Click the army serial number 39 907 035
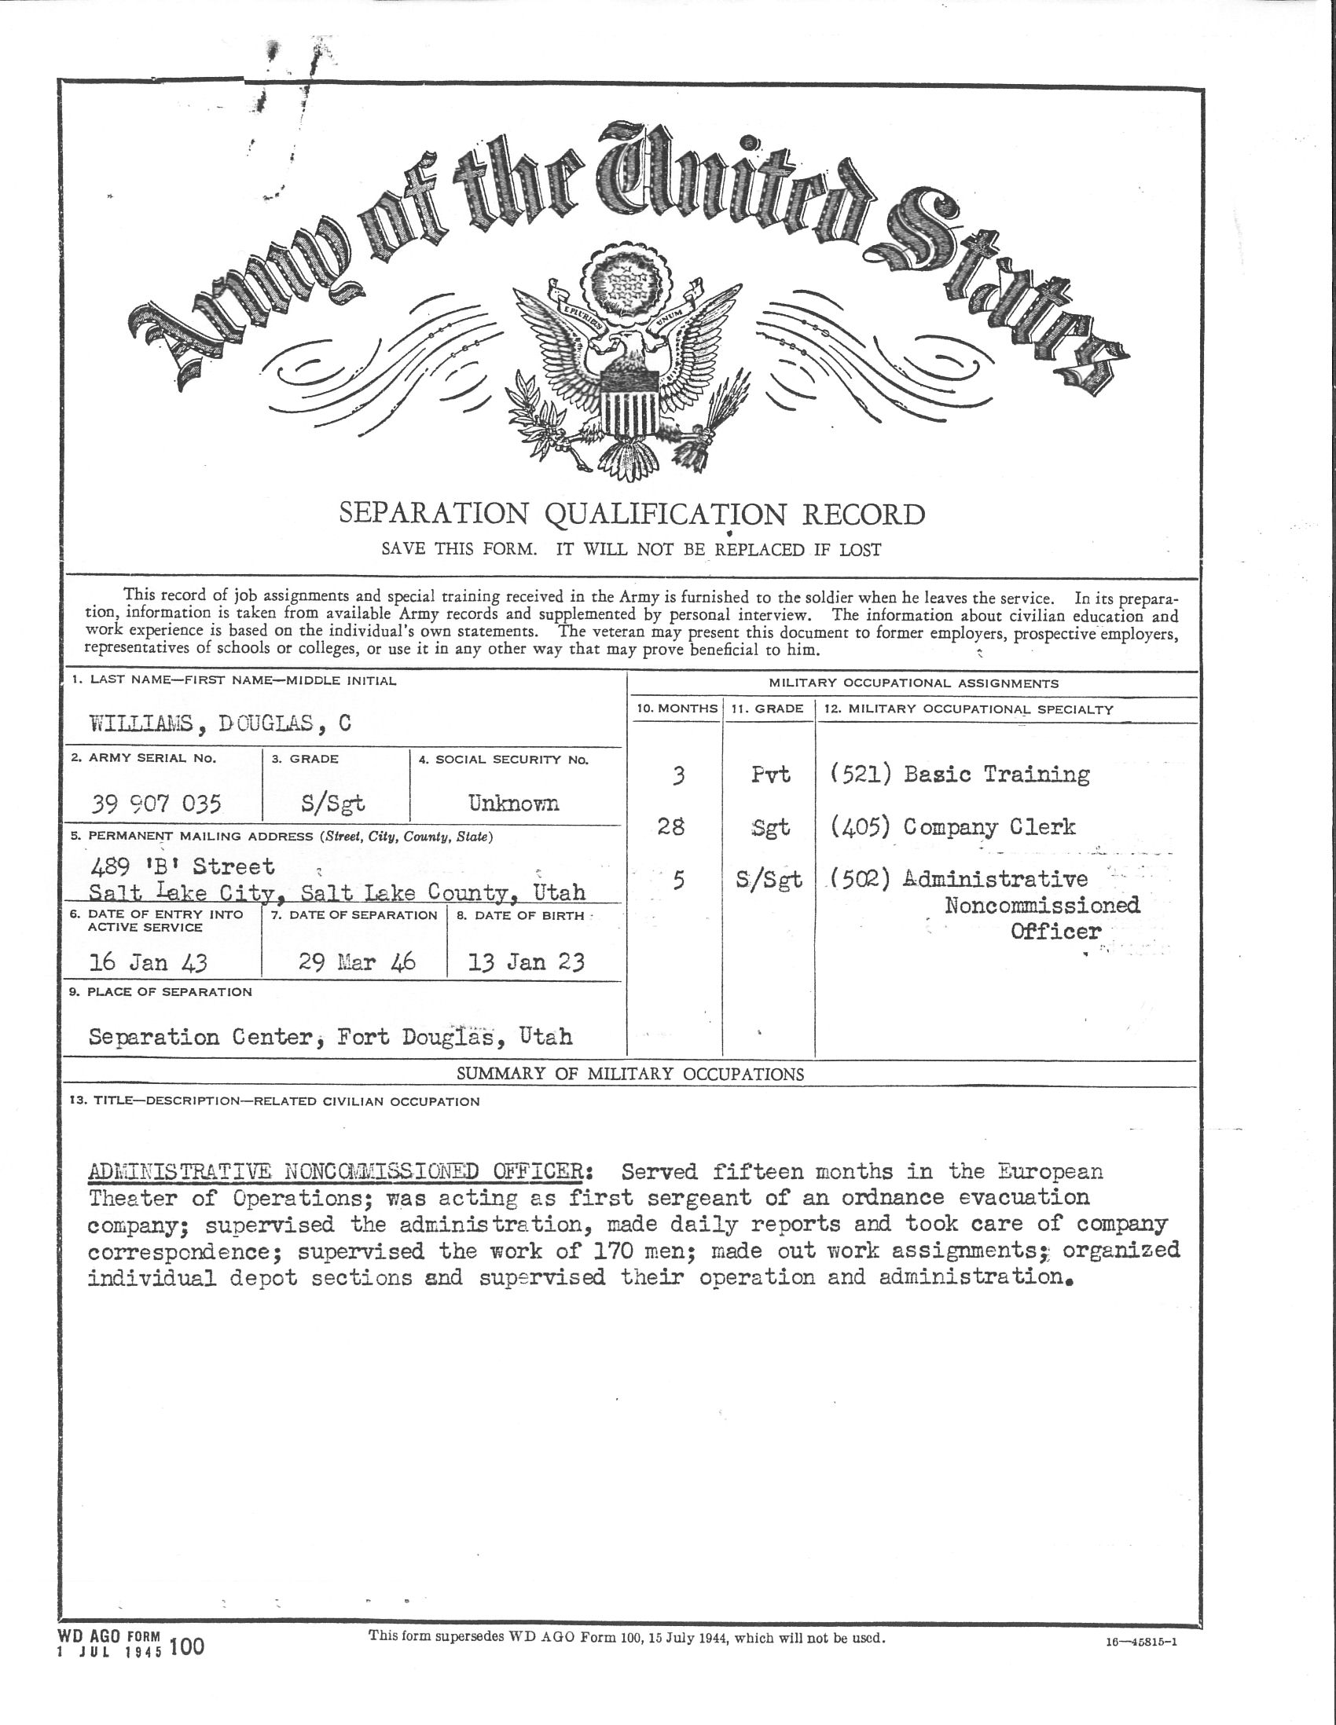pos(156,804)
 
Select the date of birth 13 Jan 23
pos(527,961)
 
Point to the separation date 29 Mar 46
pos(357,961)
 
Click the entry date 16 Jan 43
pos(149,961)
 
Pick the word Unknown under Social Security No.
pos(513,804)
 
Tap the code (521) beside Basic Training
pos(861,774)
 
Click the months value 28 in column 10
pos(671,827)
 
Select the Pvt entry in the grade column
pos(770,775)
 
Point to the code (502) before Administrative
pos(861,879)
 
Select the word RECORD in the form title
pos(864,515)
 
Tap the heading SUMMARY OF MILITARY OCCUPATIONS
pos(629,1073)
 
